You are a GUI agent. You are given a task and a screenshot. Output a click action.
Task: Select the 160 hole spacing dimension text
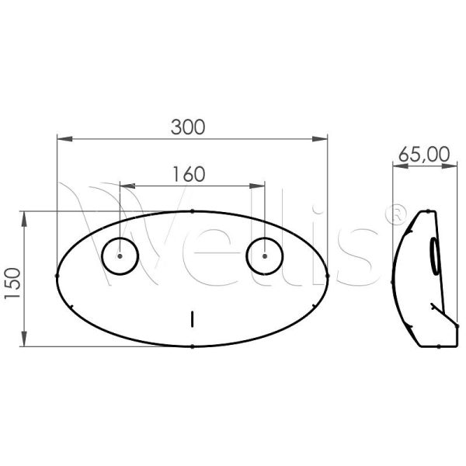[x=190, y=173]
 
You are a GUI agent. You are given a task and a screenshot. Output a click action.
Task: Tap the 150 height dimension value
[x=12, y=278]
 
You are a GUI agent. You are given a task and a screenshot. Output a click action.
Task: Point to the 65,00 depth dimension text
[x=423, y=154]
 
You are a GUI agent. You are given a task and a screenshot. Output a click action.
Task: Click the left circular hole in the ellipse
[x=120, y=256]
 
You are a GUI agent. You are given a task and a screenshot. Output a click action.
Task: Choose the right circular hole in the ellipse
[x=265, y=256]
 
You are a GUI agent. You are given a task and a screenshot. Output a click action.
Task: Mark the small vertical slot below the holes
[x=192, y=318]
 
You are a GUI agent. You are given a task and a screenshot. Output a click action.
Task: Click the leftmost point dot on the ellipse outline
[x=57, y=275]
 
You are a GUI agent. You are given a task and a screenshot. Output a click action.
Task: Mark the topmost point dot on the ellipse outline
[x=192, y=210]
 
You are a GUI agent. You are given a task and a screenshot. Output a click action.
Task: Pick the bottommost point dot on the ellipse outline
[x=192, y=346]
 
